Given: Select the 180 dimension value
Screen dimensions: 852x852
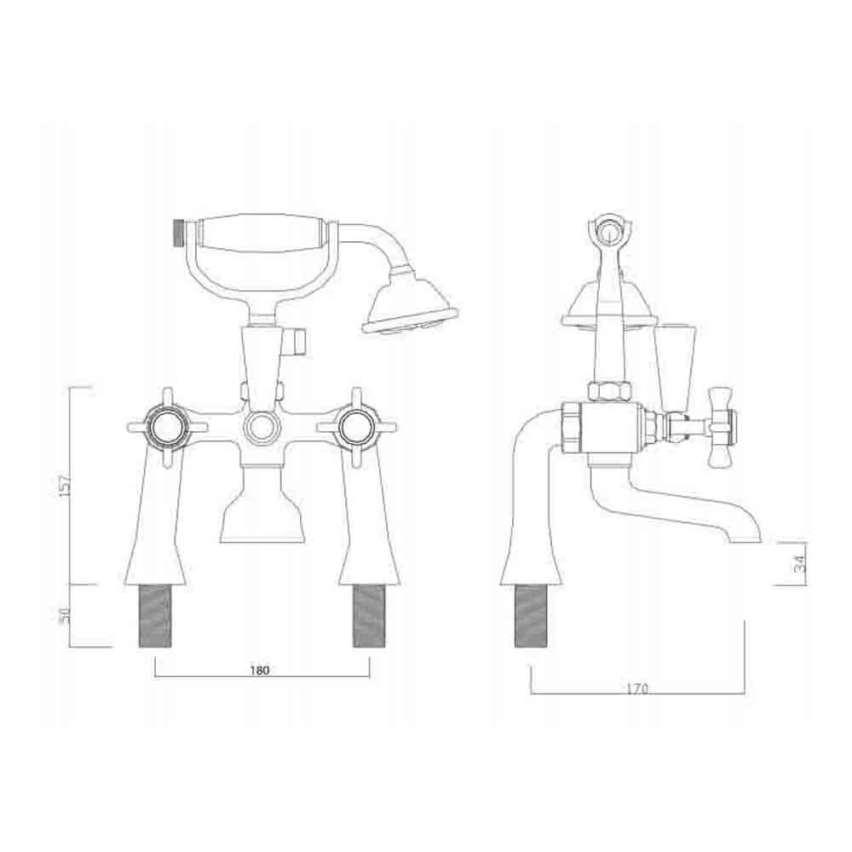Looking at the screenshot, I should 261,670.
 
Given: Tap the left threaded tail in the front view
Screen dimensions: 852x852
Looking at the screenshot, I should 154,615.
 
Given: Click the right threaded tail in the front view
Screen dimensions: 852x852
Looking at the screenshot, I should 370,615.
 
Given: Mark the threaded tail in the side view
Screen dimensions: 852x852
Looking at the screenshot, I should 531,615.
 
